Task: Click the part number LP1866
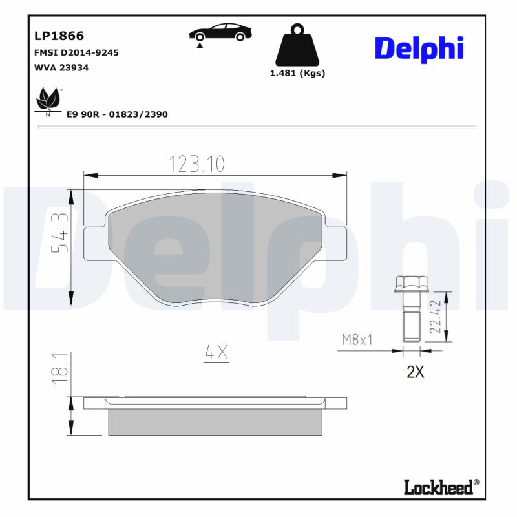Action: [58, 36]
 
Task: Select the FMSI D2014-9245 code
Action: [76, 52]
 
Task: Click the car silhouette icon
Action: [220, 32]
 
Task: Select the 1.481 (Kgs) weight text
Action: [297, 73]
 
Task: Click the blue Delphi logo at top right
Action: [419, 48]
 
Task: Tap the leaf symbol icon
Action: [47, 100]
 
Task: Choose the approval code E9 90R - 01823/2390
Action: [117, 114]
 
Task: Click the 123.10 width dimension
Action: [197, 164]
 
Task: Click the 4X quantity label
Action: [216, 352]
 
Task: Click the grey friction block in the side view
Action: [216, 421]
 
